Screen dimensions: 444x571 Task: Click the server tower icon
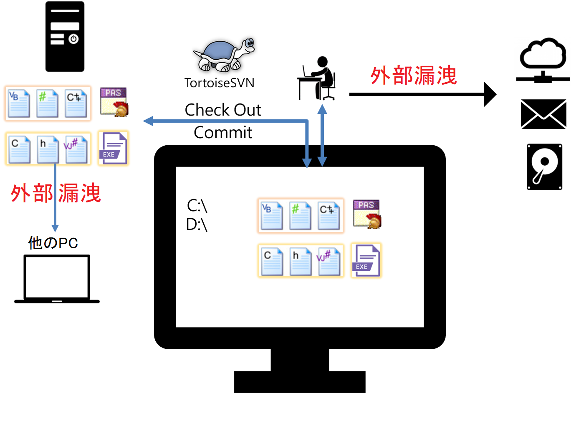pos(65,37)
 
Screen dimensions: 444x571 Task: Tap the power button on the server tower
pos(74,39)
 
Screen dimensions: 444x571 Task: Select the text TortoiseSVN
pos(219,83)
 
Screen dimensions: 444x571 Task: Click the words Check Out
pos(223,110)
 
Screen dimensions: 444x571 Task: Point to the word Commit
pos(223,133)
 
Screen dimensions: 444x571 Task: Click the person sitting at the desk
pos(318,79)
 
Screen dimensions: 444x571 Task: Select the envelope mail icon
pos(543,114)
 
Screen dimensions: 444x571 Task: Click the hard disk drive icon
pos(544,167)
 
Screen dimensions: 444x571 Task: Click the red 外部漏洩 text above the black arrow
pos(414,76)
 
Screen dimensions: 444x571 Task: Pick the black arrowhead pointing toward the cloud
pos(490,94)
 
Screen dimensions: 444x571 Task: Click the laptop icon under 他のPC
pos(57,278)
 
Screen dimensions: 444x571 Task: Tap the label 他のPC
pos(53,243)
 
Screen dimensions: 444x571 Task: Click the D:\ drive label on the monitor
pos(197,225)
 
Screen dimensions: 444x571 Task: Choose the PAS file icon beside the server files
pos(114,102)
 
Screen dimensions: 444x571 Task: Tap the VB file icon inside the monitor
pos(272,216)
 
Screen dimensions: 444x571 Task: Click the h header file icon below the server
pos(48,149)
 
